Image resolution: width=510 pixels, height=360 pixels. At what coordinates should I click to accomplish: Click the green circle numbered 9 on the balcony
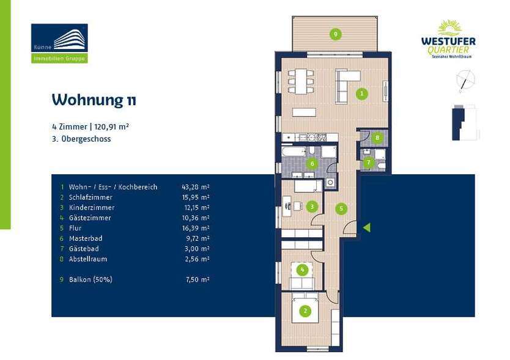pyautogui.click(x=335, y=34)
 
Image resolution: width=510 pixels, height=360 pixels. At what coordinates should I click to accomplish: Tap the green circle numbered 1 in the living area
pyautogui.click(x=362, y=94)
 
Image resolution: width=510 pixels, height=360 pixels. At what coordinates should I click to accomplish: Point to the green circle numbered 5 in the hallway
pyautogui.click(x=341, y=208)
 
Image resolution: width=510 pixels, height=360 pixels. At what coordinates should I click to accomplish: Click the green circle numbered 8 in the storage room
pyautogui.click(x=377, y=138)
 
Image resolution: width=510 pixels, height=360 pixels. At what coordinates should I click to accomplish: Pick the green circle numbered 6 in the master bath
pyautogui.click(x=312, y=163)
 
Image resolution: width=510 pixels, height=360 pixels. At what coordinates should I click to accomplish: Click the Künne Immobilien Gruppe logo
pyautogui.click(x=59, y=43)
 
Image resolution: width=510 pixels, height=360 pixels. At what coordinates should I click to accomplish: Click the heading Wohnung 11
pyautogui.click(x=94, y=100)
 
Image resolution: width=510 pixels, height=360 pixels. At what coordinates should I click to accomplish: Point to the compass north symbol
pyautogui.click(x=465, y=80)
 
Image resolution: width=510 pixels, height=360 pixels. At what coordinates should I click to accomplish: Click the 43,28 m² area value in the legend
pyautogui.click(x=196, y=187)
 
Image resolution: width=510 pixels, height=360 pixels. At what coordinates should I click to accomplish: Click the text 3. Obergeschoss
pyautogui.click(x=81, y=139)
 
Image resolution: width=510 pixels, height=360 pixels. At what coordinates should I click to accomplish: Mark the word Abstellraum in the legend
pyautogui.click(x=88, y=259)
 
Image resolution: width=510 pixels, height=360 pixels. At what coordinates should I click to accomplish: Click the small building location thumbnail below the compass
pyautogui.click(x=464, y=122)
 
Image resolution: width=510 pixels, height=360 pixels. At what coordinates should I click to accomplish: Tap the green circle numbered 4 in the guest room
pyautogui.click(x=301, y=270)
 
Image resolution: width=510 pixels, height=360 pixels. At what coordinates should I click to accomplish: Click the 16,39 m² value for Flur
pyautogui.click(x=196, y=228)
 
